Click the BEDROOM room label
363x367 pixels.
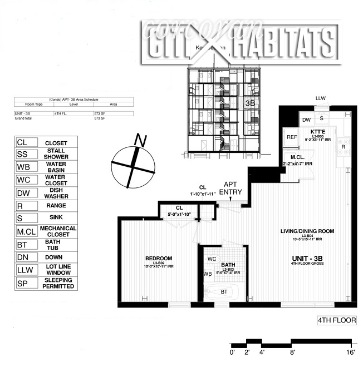coord(159,258)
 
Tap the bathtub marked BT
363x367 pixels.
coord(224,291)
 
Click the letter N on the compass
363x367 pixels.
coord(141,141)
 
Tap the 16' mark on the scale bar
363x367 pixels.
coord(351,352)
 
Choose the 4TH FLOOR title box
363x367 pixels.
coord(336,320)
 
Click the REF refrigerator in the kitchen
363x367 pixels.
coord(292,137)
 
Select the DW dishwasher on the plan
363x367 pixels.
coord(306,120)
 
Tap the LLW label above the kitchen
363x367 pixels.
coord(321,98)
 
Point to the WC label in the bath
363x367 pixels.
coord(212,259)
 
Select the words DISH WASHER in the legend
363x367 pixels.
coord(56,194)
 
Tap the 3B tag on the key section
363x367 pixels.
coord(250,103)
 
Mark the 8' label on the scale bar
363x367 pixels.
coord(292,352)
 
